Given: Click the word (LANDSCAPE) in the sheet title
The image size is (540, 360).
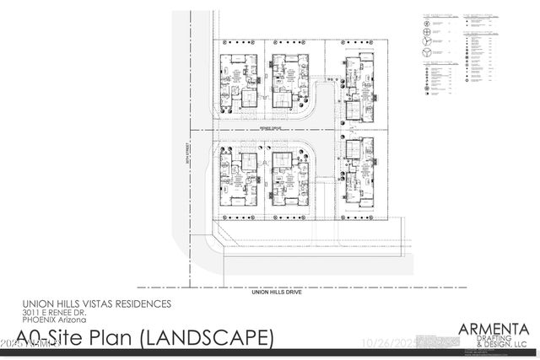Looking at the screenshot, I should tap(206, 339).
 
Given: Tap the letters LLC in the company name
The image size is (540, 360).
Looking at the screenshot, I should tap(521, 345).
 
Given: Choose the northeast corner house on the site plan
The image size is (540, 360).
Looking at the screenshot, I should tap(359, 84).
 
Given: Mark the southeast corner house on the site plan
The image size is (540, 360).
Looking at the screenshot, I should tap(359, 173).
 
